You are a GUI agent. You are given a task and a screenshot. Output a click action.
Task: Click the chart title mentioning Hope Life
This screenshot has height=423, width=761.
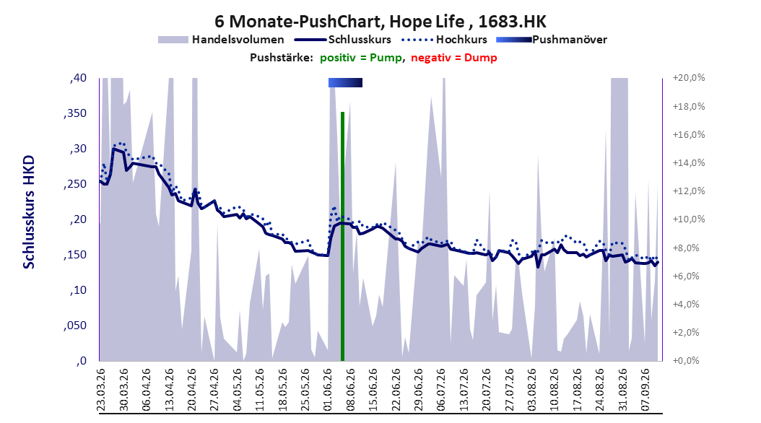point(380,22)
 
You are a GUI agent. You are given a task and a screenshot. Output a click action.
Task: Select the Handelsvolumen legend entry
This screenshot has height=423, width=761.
point(222,40)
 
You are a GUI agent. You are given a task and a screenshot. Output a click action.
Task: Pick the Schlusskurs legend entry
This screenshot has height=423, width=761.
point(343,40)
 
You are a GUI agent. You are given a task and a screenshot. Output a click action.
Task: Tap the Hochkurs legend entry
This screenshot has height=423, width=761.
point(444,40)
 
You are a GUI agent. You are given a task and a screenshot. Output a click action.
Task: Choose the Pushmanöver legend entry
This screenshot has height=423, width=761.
point(552,40)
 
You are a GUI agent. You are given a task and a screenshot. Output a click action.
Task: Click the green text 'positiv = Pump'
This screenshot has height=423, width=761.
point(361,58)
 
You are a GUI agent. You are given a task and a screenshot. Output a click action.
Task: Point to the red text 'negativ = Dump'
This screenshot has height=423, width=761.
point(454,58)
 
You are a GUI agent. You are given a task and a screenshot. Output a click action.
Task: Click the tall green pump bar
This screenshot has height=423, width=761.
point(342,236)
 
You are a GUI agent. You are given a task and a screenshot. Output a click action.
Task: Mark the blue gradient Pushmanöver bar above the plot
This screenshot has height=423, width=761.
point(346,82)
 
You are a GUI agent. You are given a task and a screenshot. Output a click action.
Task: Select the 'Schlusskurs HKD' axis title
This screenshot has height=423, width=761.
point(29,212)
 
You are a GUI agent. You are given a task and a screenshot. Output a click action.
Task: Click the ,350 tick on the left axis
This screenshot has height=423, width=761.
point(75,113)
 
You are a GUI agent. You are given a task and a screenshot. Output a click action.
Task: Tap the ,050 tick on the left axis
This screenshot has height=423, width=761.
point(75,326)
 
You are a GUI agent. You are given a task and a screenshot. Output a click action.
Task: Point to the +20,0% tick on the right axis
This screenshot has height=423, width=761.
point(689,78)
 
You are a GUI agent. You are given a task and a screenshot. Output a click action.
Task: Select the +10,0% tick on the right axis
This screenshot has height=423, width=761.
point(689,219)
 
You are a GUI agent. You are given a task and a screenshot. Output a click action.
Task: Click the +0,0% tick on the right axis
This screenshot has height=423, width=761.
point(686,360)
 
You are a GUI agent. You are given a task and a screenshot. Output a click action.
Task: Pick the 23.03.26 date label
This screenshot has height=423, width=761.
point(101,390)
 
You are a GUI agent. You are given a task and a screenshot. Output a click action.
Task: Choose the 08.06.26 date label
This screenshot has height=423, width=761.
point(350,390)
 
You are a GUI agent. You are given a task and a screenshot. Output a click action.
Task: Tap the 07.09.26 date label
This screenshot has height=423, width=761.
point(645,390)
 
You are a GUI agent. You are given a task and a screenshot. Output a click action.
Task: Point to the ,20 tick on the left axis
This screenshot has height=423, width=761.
point(78,219)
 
